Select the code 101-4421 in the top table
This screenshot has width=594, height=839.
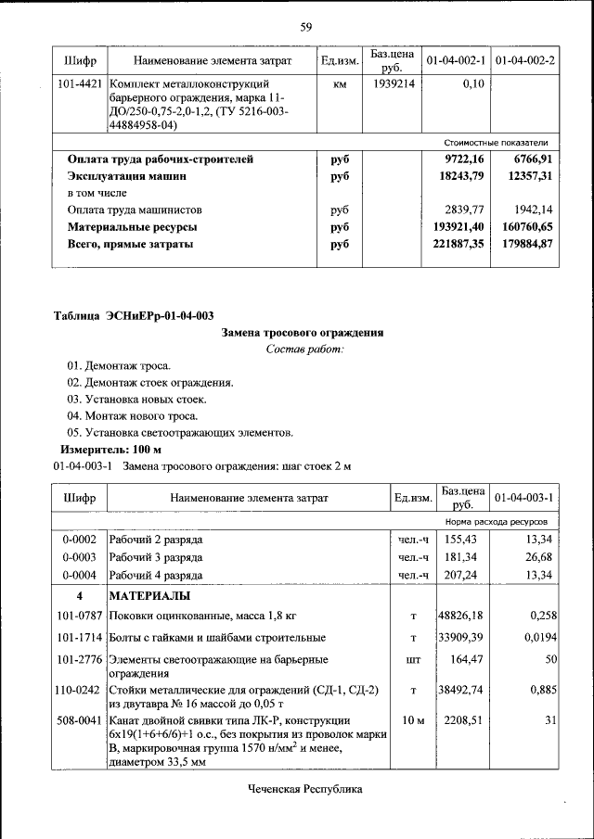79,84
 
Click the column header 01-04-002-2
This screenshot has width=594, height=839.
524,61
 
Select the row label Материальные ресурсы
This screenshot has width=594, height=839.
132,227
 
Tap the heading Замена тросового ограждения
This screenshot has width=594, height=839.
303,333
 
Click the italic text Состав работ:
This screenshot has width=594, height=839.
303,350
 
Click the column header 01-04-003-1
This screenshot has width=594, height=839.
524,498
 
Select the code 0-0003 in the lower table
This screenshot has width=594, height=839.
79,557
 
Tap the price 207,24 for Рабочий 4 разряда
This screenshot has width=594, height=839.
460,575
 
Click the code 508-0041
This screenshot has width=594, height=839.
79,720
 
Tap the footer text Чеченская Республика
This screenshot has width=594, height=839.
304,790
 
